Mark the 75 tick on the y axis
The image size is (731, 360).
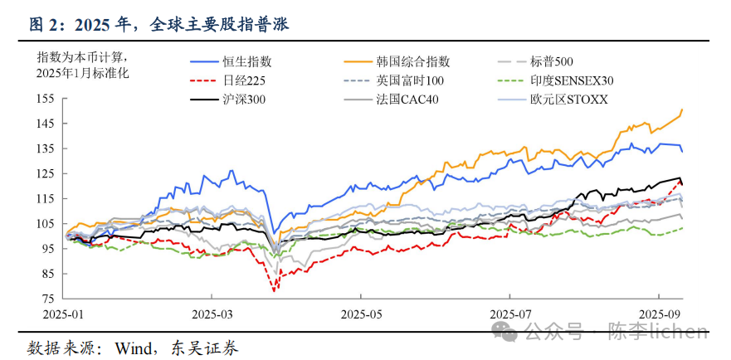point(47,299)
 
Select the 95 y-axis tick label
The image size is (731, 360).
point(47,249)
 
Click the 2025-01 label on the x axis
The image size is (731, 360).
point(63,316)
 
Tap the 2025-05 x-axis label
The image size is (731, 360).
point(361,316)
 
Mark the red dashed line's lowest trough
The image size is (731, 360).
point(273,290)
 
